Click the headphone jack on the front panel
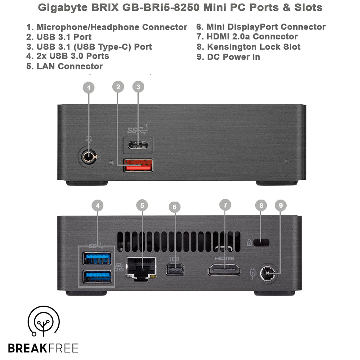88,157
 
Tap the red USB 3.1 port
138,165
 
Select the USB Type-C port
138,145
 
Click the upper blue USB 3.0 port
97,257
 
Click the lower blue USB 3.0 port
97,276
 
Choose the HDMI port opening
224,270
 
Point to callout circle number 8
261,205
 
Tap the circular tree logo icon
44,323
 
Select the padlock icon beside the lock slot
249,243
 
